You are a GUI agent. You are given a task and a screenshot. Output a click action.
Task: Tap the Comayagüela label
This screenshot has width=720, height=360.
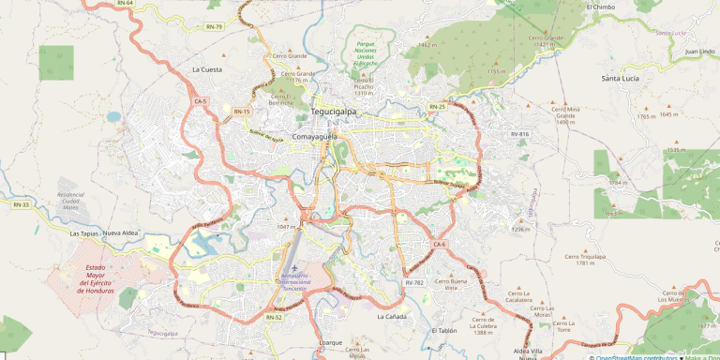tap(315, 136)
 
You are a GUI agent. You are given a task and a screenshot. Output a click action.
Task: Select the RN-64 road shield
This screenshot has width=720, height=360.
tap(126, 4)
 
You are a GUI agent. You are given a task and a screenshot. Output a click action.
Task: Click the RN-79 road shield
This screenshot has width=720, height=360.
tap(215, 26)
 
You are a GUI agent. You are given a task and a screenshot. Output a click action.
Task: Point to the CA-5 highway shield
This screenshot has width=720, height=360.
tap(201, 100)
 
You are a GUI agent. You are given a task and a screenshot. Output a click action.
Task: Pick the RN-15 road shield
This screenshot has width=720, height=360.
tap(242, 112)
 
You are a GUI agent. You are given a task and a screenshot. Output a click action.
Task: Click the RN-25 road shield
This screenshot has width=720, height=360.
tap(437, 107)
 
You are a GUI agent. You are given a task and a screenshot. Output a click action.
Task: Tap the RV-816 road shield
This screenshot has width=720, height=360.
tap(519, 134)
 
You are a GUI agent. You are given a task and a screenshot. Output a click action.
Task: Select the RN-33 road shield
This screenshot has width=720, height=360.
tap(21, 204)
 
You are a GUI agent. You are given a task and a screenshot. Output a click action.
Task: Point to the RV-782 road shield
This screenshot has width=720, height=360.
tap(414, 282)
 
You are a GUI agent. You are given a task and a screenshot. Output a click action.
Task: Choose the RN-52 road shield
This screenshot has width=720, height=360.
tap(274, 317)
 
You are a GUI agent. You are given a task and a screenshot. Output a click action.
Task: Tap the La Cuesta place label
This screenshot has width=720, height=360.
tap(207, 69)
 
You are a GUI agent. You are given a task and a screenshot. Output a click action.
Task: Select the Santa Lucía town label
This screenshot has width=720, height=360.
tap(621, 79)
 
